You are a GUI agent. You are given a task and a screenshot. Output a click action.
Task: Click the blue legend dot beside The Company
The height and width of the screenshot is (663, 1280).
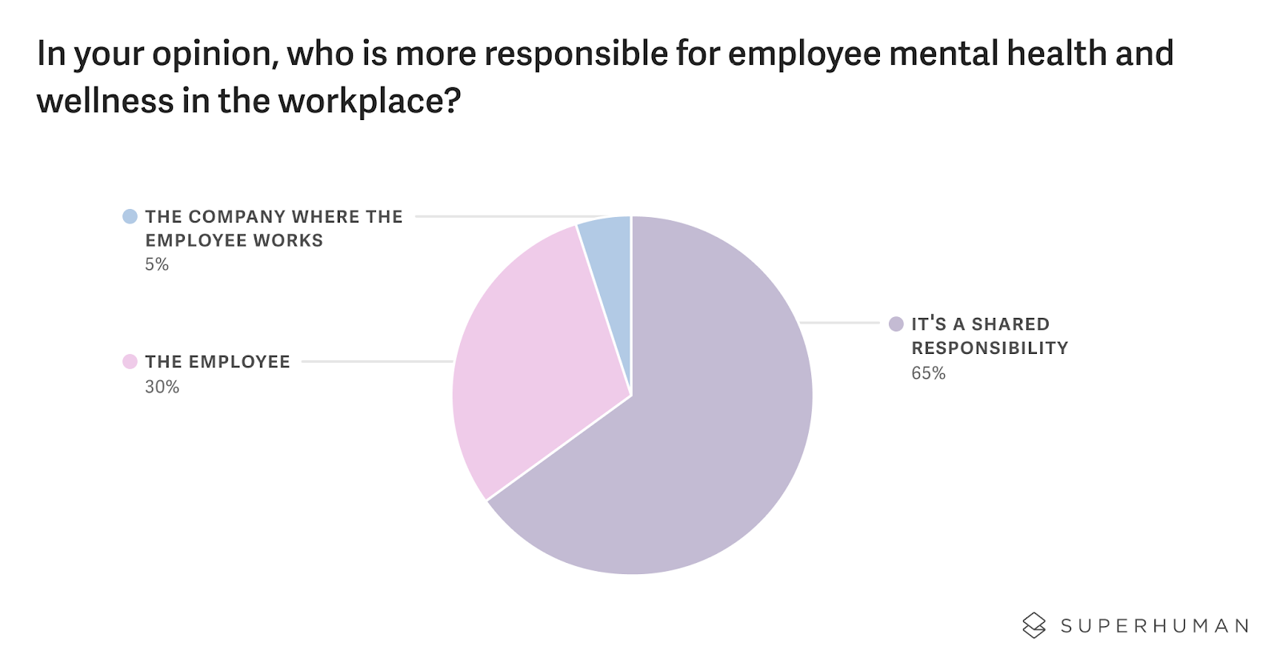(x=130, y=216)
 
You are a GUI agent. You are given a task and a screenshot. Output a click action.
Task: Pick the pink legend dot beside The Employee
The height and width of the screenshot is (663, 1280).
(x=130, y=362)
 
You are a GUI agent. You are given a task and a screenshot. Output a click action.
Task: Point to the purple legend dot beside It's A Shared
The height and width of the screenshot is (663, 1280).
(x=896, y=323)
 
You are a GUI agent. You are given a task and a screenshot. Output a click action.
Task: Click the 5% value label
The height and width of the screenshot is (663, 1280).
(x=157, y=265)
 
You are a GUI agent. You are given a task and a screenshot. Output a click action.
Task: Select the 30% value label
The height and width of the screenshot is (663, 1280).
(x=162, y=387)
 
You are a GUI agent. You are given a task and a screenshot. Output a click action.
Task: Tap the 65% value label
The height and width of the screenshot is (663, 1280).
(x=928, y=373)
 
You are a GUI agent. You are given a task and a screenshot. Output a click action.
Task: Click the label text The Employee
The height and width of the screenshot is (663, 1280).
(x=218, y=362)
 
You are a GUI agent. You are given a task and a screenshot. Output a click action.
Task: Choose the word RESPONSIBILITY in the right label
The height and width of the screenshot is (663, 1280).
(x=990, y=348)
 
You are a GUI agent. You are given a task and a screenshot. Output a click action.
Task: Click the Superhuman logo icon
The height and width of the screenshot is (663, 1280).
(x=1034, y=625)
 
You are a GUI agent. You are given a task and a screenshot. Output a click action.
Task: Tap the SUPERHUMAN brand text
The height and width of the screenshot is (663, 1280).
(x=1154, y=626)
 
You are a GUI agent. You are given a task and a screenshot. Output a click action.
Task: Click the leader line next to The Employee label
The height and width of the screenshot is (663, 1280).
(x=377, y=362)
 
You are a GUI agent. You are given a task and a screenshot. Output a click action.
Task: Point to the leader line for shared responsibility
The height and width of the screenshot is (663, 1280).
(x=840, y=323)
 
